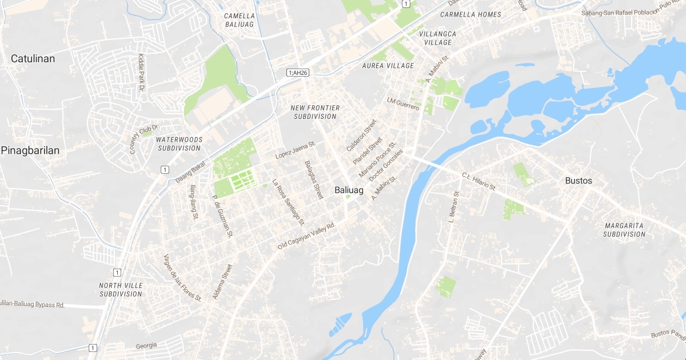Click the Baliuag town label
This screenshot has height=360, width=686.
coord(349,190)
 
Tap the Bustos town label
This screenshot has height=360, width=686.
coord(578,181)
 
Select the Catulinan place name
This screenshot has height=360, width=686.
coord(33,58)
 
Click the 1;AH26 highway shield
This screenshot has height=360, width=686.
coord(298,73)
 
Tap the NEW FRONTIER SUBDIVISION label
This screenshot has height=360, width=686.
coord(315,112)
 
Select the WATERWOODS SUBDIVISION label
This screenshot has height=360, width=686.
coord(178,143)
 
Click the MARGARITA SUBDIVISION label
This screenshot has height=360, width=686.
coord(624,230)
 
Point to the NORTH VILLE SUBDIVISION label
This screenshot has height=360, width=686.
coord(121,290)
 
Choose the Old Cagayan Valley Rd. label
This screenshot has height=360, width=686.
coord(306,235)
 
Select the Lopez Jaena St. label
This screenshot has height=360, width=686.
coord(295,150)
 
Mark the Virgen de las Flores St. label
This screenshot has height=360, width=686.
coord(182,278)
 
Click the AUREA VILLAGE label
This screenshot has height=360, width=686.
coord(388,66)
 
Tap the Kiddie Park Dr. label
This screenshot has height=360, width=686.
coord(141,73)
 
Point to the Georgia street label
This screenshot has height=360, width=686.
coord(146,346)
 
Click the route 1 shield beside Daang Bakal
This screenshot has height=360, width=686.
coord(165,169)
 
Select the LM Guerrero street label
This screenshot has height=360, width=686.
coord(403,104)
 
